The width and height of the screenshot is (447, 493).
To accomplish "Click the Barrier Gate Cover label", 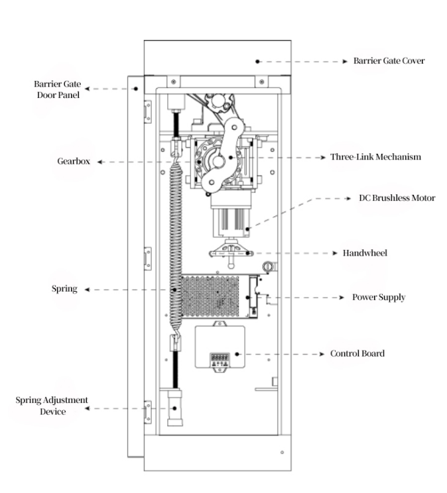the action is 389,61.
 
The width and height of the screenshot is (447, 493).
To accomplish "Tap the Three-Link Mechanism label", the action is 375,157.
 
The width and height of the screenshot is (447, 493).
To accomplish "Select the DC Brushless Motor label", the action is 397,197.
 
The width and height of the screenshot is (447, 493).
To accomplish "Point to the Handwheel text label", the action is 365,253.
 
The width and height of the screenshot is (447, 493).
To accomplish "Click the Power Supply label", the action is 379,298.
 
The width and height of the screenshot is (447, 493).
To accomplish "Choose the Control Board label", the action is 357,353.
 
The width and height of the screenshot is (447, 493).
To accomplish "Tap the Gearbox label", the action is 74,161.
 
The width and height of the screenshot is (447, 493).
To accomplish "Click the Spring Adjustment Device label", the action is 52,406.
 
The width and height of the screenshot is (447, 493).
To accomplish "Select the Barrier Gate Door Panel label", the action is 58,89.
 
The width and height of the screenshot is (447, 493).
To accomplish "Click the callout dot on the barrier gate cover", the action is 257,62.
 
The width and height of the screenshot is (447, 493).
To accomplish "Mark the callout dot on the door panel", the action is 136,89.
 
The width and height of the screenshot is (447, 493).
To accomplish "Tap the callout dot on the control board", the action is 237,354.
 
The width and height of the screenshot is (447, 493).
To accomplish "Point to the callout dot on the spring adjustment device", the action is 174,408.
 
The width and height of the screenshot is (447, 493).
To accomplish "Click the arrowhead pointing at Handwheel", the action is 335,253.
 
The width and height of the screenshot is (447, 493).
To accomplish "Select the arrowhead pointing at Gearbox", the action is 99,162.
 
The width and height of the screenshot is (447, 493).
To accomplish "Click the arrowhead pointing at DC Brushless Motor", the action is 348,198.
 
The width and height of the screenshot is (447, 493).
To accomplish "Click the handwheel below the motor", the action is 231,252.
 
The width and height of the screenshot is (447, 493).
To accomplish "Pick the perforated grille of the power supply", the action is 210,297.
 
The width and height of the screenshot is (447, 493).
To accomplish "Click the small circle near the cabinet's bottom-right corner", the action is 282,453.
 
